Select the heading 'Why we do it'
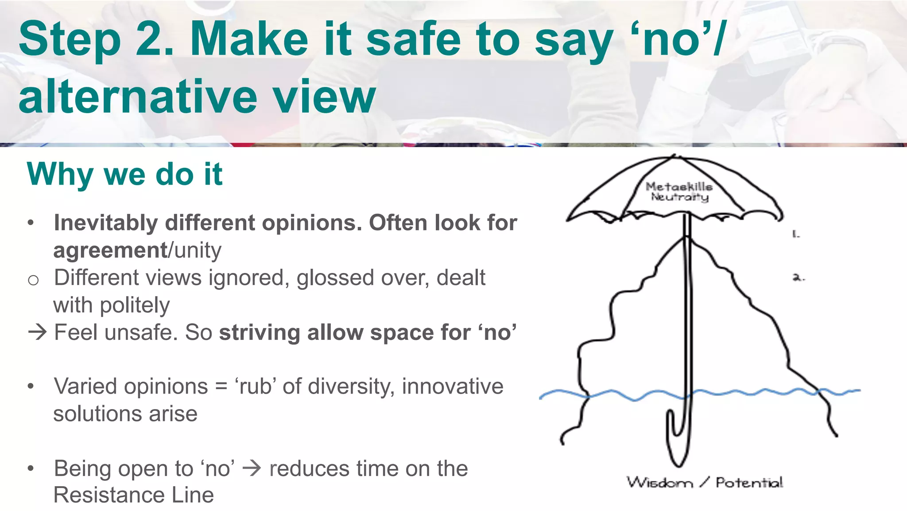[x=124, y=174]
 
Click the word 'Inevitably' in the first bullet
[x=105, y=222]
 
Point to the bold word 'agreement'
[x=110, y=250]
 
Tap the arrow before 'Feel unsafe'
[x=37, y=332]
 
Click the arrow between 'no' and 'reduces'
[x=252, y=468]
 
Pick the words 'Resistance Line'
[x=133, y=495]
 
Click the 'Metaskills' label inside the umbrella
[x=679, y=187]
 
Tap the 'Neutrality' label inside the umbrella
[x=680, y=196]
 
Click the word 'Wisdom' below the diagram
[x=659, y=482]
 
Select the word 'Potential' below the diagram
[x=749, y=482]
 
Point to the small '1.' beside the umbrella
[x=796, y=234]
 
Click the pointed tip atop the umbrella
[x=674, y=156]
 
